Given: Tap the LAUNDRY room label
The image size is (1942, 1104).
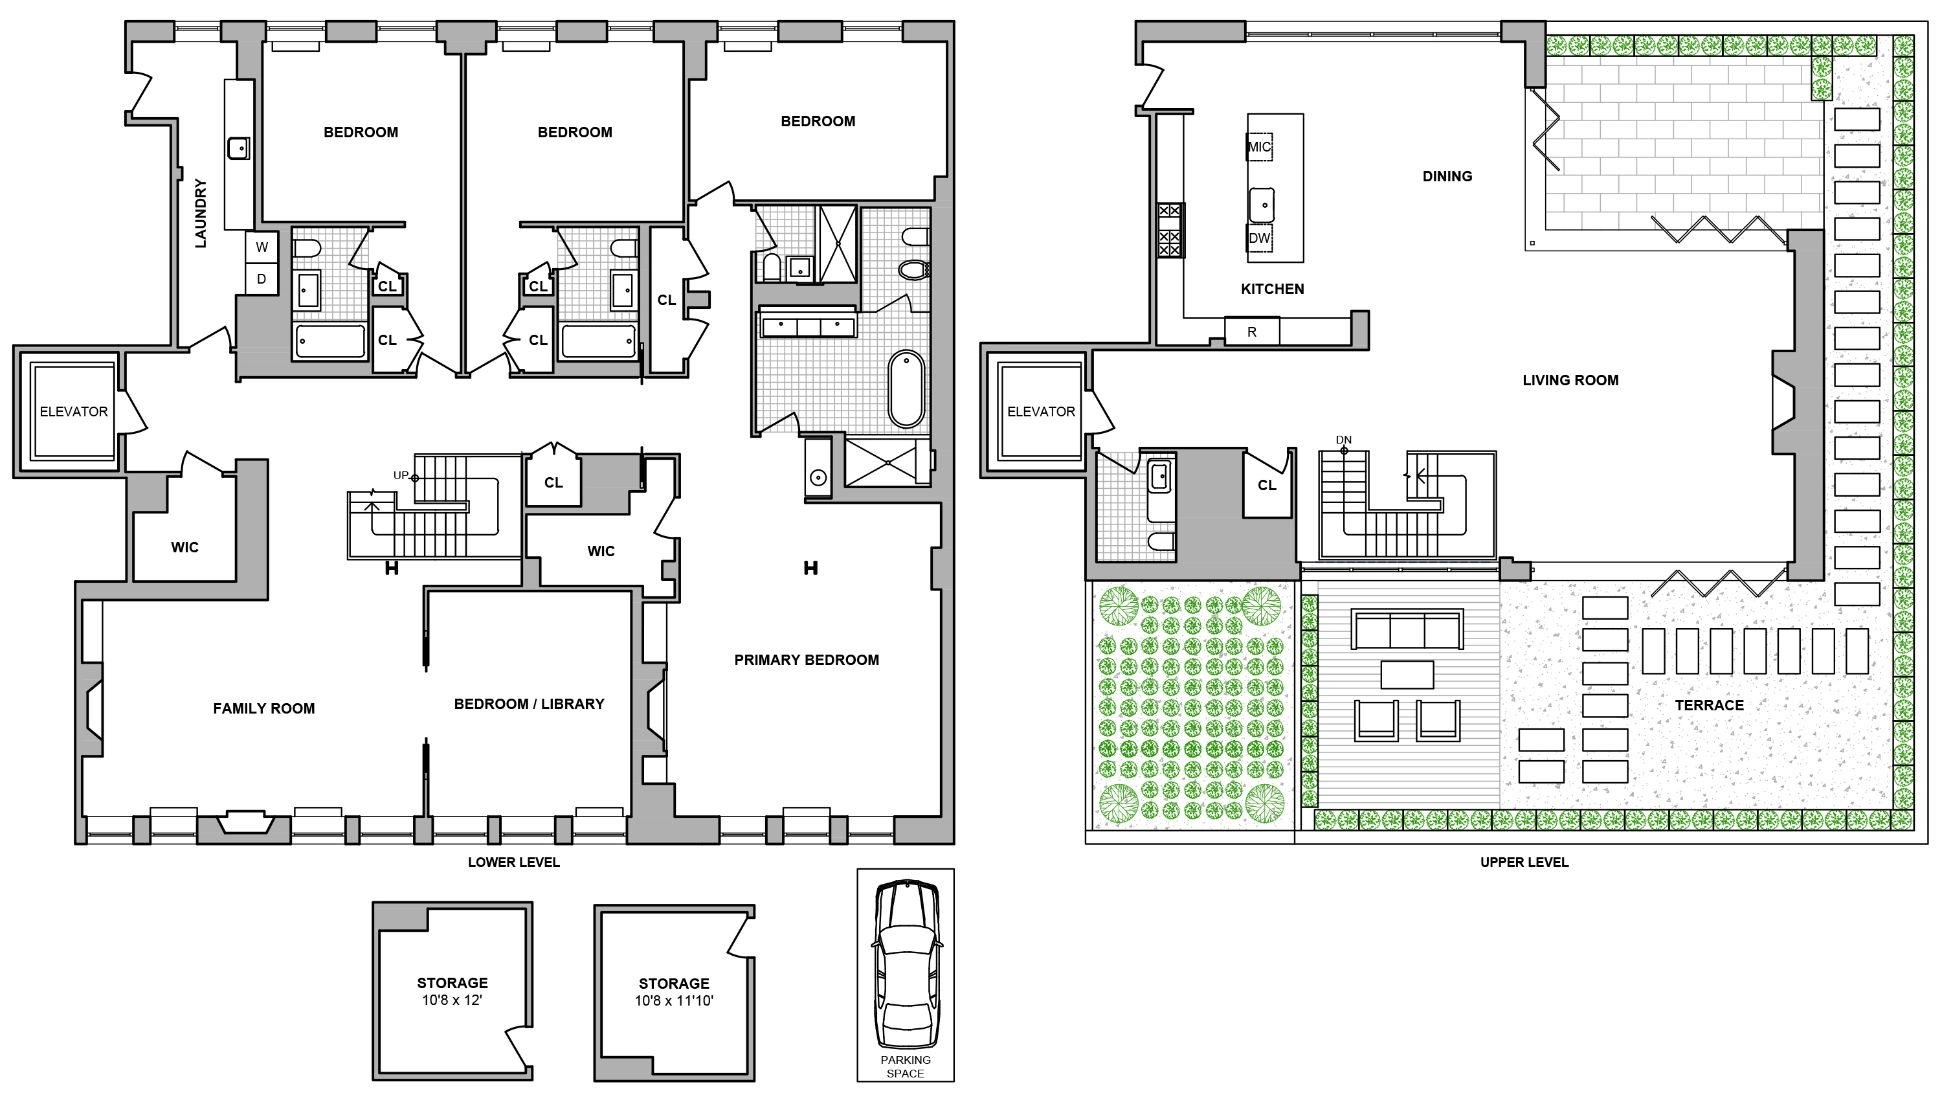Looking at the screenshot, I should [x=200, y=213].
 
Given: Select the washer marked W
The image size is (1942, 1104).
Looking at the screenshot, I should [x=262, y=247].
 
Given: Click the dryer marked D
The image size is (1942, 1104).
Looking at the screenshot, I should [x=262, y=279].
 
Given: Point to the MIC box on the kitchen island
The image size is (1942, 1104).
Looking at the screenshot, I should [x=1259, y=146].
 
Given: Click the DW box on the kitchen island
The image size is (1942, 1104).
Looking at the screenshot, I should [x=1259, y=238].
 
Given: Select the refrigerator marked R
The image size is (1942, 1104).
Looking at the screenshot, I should [x=1251, y=332].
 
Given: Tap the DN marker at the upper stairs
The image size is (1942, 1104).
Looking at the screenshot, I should [x=1343, y=440].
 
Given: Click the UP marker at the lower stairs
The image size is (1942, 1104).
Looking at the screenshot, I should [x=400, y=475].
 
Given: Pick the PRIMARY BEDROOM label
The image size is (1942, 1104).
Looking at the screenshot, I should [x=807, y=660].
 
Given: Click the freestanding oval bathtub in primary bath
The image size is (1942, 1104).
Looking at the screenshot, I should [x=906, y=389].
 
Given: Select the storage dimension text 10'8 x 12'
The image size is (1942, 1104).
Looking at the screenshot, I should [x=452, y=1000].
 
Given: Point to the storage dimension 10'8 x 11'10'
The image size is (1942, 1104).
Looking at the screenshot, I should [x=674, y=1001].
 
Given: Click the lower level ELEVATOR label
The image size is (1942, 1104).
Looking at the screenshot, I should [x=74, y=412].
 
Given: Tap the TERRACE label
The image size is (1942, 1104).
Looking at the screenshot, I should [x=1710, y=705].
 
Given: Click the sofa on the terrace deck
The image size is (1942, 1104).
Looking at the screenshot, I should [x=1407, y=630].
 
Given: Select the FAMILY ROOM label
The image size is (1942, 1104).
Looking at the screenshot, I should [x=263, y=708].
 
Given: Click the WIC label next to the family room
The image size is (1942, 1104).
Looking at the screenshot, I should [x=184, y=547].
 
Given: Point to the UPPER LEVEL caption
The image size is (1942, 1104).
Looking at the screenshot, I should [x=1524, y=862].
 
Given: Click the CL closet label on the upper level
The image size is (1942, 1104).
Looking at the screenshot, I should [x=1267, y=485].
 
